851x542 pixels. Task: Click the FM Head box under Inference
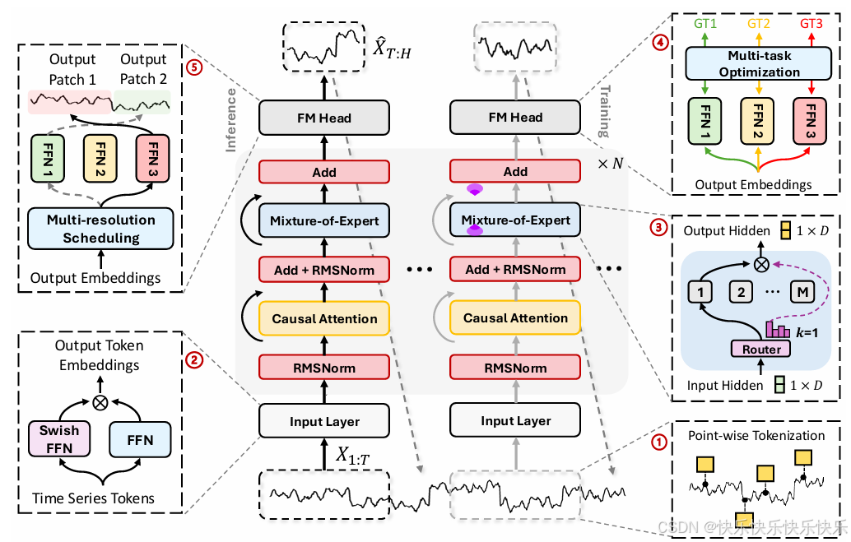click(x=323, y=118)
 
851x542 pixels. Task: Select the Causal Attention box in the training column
click(x=515, y=318)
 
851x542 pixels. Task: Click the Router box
click(x=761, y=349)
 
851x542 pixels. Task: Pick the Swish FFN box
click(x=59, y=439)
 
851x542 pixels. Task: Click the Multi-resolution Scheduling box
click(x=101, y=229)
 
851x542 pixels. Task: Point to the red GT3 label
click(x=811, y=24)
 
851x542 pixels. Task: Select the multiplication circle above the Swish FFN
click(x=100, y=403)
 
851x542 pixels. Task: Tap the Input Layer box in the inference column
click(x=323, y=422)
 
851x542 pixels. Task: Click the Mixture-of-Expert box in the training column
click(x=515, y=220)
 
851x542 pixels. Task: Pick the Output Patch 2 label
click(x=143, y=69)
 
